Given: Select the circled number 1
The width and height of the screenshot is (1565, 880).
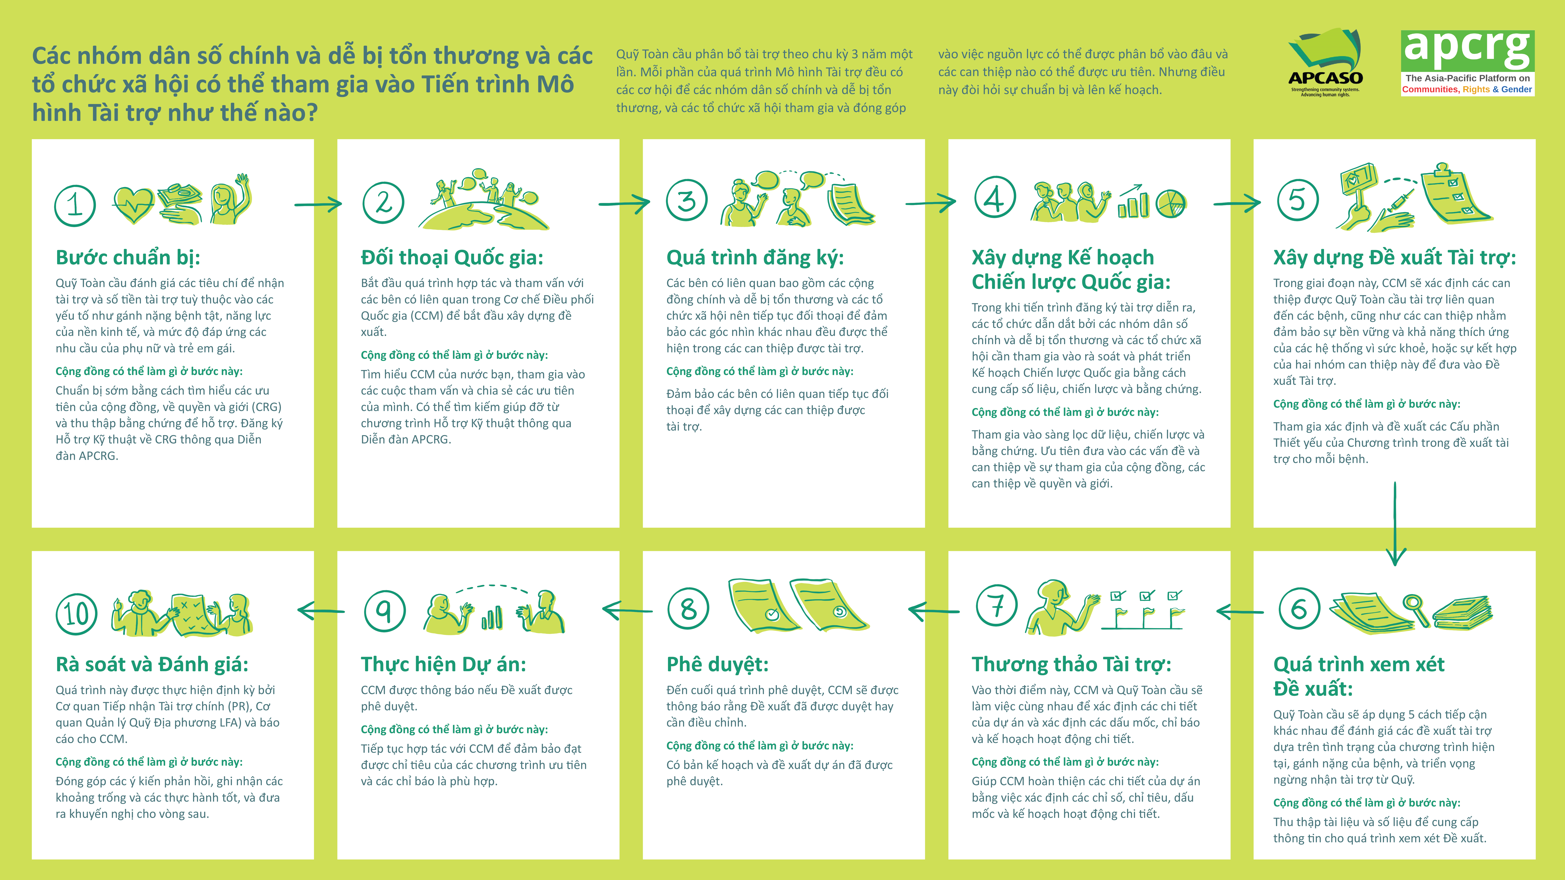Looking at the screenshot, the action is coord(75,205).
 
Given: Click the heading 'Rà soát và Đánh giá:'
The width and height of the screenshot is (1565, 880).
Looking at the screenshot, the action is coord(152,664).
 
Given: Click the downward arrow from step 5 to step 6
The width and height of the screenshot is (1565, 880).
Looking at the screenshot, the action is coord(1395,524).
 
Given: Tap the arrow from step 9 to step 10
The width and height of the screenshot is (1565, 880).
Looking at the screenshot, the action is coord(321,610).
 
